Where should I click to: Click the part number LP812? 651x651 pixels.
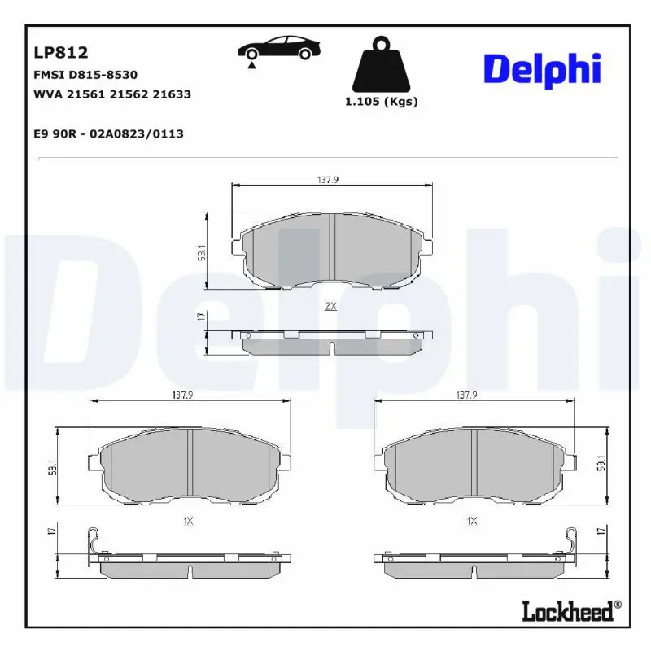click(x=60, y=53)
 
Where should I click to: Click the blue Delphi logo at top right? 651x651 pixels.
click(x=542, y=70)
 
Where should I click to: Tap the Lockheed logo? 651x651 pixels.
click(x=571, y=611)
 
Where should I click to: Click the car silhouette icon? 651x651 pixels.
click(x=279, y=48)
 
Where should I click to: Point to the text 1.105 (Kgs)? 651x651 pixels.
click(x=381, y=102)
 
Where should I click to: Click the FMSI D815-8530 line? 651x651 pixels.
click(x=85, y=75)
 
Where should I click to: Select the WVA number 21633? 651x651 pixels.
click(x=172, y=94)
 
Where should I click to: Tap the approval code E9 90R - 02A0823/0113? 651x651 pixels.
click(x=108, y=133)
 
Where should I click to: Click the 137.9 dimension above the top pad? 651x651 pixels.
click(x=328, y=180)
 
